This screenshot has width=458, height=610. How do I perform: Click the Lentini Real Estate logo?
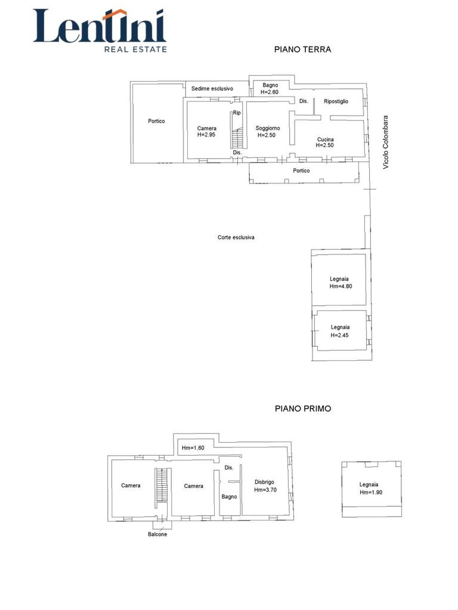(x=100, y=31)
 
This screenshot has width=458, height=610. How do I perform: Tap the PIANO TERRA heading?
(x=302, y=49)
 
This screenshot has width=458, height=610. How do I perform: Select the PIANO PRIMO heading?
(x=303, y=409)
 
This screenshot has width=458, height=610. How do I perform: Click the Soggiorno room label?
(x=268, y=128)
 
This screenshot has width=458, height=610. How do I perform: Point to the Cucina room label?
(x=325, y=139)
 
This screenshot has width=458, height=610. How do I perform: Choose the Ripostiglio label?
(x=336, y=101)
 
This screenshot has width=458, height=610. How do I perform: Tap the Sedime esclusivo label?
(x=212, y=89)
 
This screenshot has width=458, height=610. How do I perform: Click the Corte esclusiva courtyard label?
(x=236, y=237)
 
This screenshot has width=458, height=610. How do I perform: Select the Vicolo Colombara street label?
(x=386, y=142)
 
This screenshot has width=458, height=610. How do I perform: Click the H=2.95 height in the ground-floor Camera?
(x=206, y=135)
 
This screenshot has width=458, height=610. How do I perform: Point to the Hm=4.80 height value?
(x=341, y=286)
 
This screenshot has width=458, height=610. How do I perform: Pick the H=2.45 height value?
(x=339, y=335)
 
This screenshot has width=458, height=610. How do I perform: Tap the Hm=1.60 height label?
(x=193, y=448)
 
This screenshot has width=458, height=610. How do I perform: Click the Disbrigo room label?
(x=264, y=482)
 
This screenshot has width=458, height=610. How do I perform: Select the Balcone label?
(x=157, y=534)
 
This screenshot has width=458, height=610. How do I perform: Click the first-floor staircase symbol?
(x=161, y=485)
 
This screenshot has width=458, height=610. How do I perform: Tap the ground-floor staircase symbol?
(x=237, y=139)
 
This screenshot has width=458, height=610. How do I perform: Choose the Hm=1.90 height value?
(x=371, y=492)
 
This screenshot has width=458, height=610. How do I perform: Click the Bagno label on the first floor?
(x=230, y=497)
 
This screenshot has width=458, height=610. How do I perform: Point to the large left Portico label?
(x=156, y=121)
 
